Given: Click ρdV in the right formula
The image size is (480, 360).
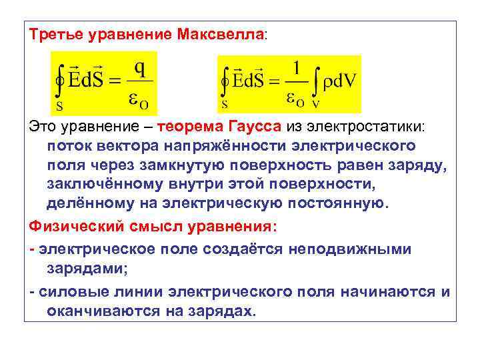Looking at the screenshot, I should (339, 82).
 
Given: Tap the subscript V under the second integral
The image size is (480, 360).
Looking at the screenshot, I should (315, 104).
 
